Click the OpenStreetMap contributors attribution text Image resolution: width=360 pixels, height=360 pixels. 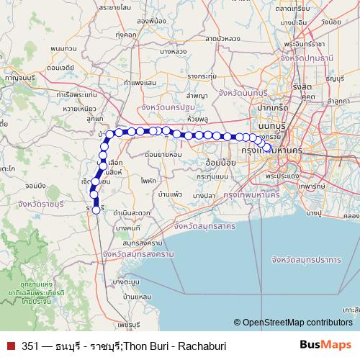pos(297,323)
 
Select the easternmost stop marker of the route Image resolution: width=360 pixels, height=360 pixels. pos(268,148)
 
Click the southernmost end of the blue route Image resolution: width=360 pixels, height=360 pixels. pos(96,212)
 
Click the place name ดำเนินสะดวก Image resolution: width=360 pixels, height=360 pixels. pos(131,213)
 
